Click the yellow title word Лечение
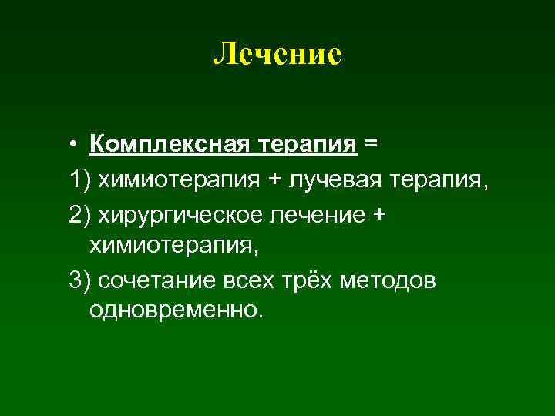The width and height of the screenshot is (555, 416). click(x=277, y=55)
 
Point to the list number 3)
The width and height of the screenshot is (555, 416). click(x=79, y=281)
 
